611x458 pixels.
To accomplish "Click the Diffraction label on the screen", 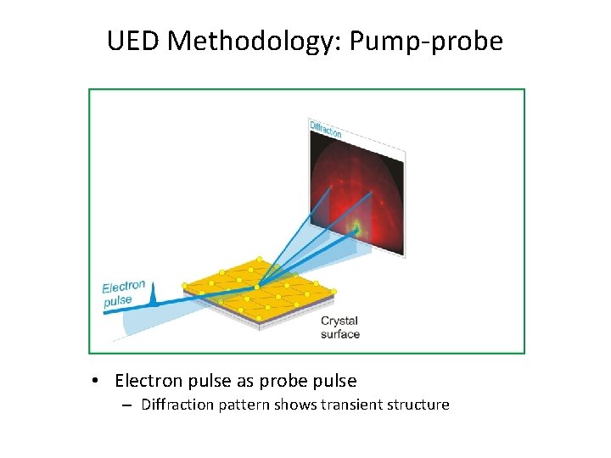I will point(326,129).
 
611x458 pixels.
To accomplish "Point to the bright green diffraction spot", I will point(355,227).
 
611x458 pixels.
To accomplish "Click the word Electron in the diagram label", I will point(123,288).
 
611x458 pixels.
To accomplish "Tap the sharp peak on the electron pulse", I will point(153,294).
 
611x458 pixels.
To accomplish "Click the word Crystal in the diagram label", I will point(339,321).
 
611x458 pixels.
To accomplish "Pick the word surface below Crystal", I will point(339,333).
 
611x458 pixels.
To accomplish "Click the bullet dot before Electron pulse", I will point(98,381).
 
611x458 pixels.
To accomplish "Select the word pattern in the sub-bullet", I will point(243,405).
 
